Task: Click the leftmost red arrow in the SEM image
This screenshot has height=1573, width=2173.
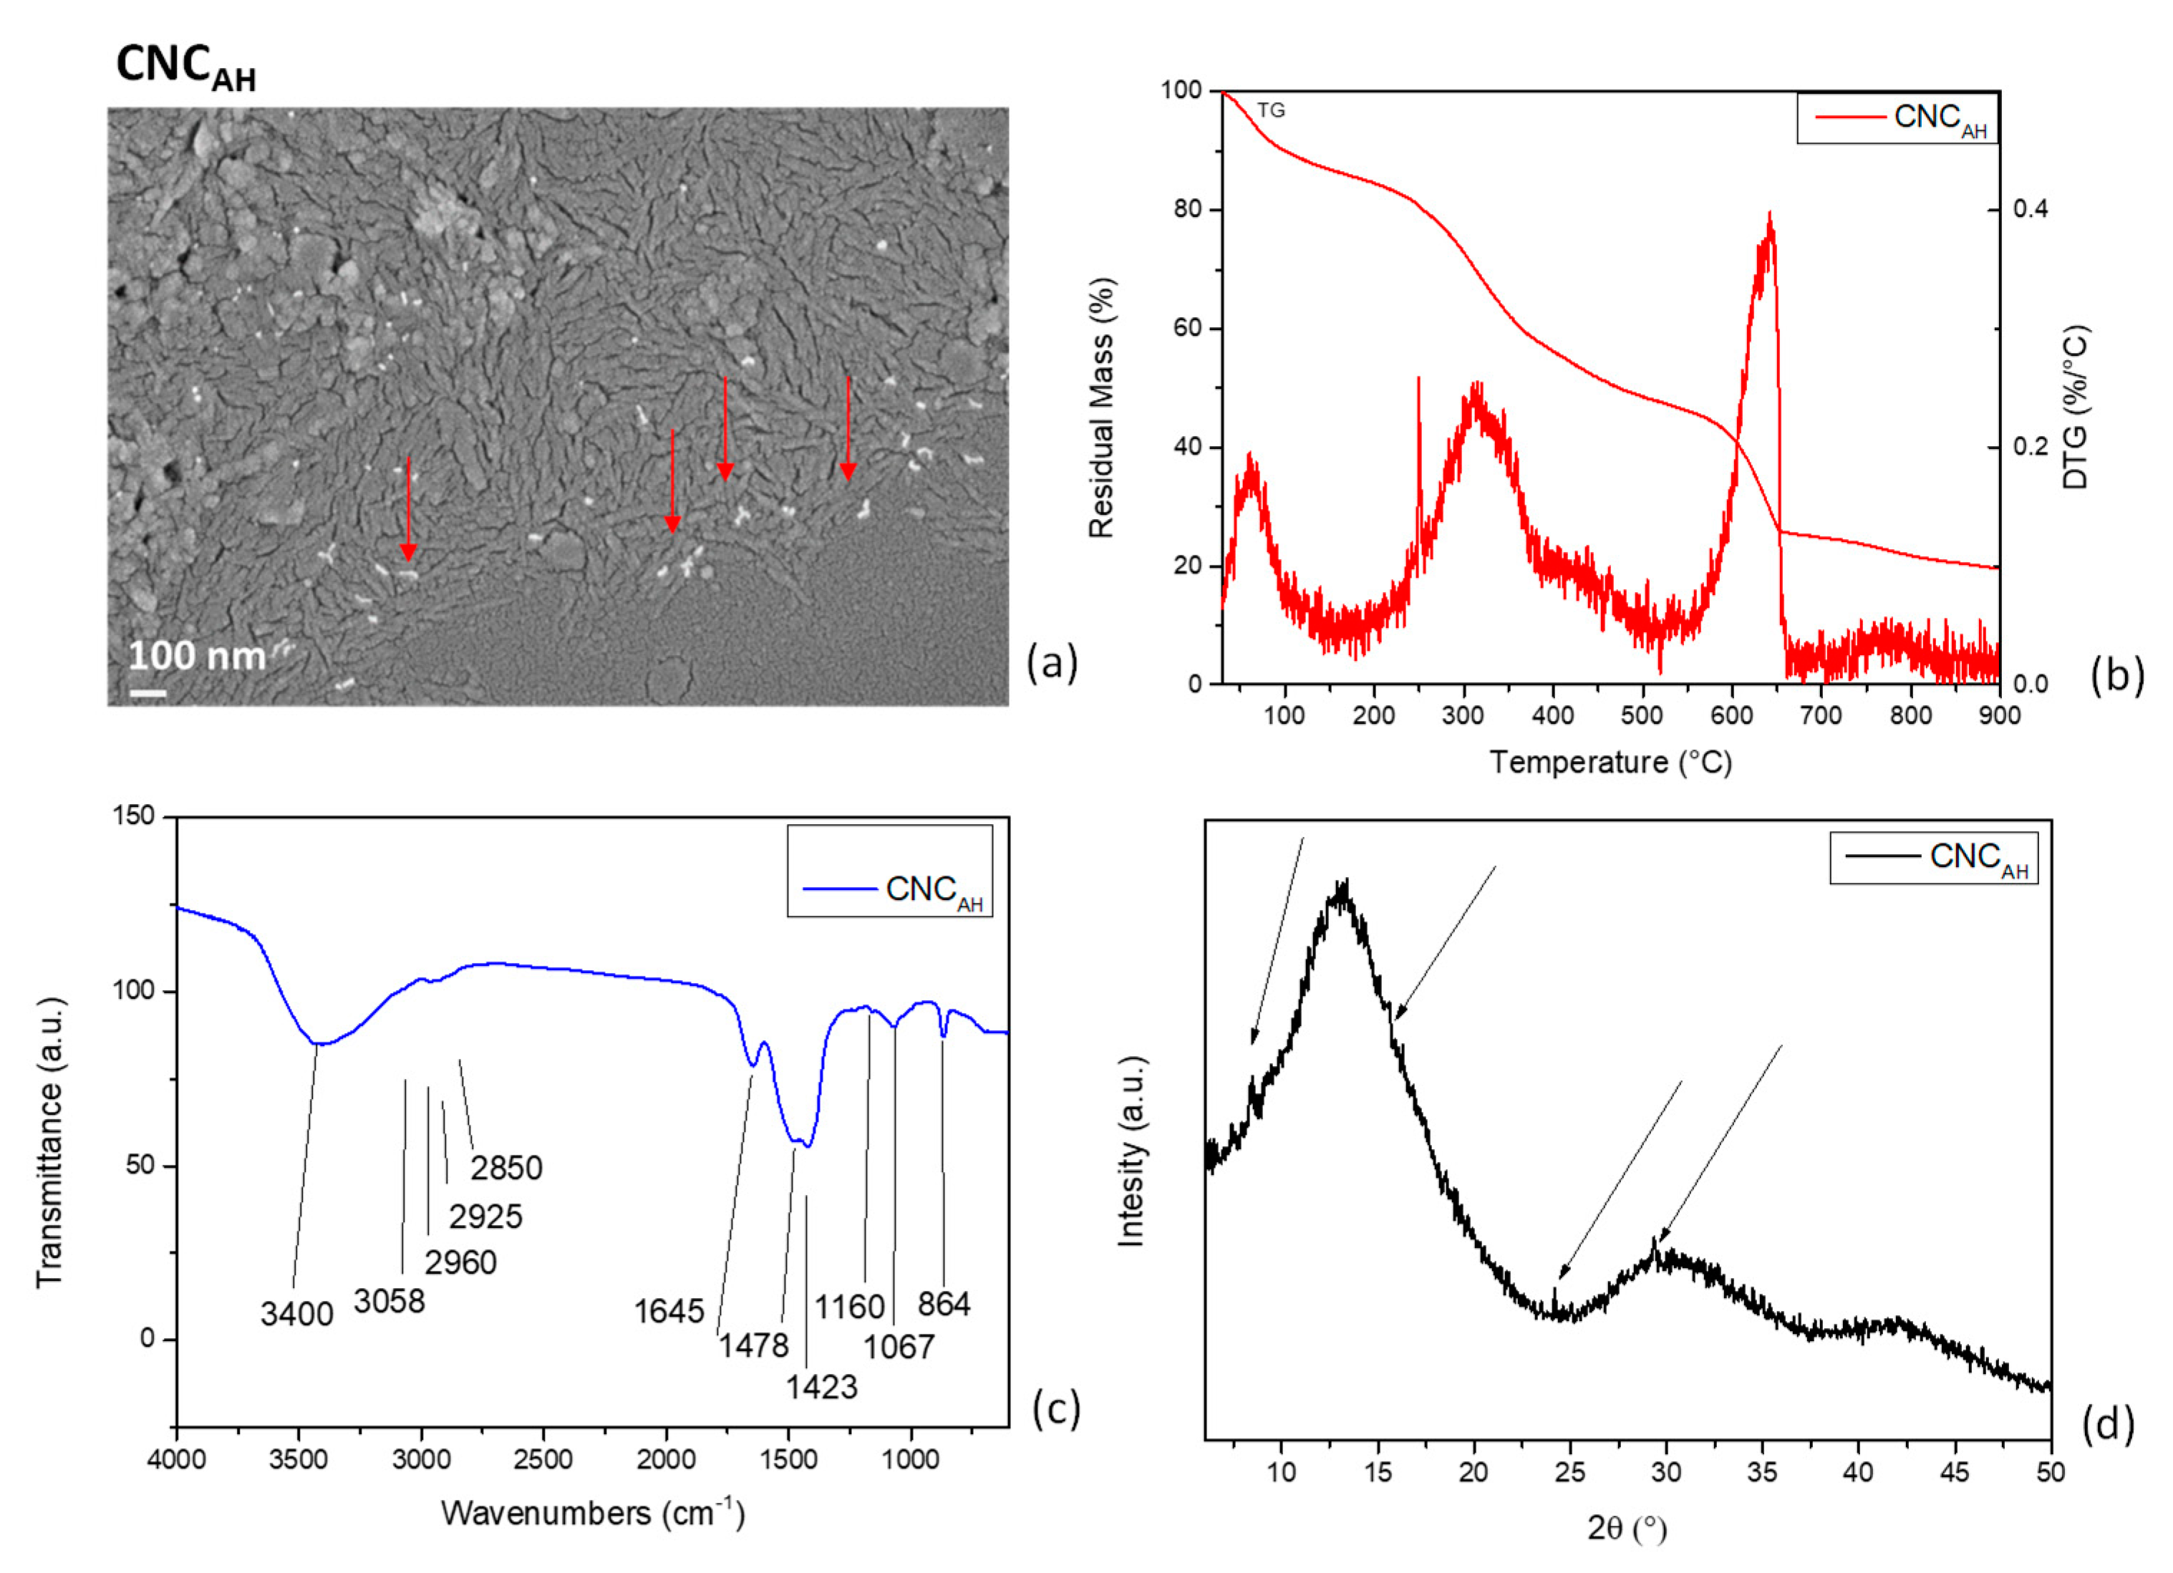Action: pyautogui.click(x=408, y=508)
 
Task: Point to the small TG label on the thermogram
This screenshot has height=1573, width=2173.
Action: pyautogui.click(x=1270, y=111)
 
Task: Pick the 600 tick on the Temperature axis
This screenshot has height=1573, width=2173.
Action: pyautogui.click(x=1732, y=715)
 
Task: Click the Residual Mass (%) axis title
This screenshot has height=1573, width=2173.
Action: pyautogui.click(x=1102, y=408)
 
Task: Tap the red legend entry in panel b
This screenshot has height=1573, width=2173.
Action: pyautogui.click(x=1897, y=118)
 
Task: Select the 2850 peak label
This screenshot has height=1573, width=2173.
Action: pyautogui.click(x=506, y=1168)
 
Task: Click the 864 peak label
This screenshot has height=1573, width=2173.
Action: pyautogui.click(x=944, y=1304)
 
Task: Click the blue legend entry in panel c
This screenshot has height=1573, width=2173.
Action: pyautogui.click(x=891, y=890)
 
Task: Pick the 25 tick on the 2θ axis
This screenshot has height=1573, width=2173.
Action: pyautogui.click(x=1570, y=1471)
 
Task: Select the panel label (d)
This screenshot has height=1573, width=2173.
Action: pyautogui.click(x=2108, y=1425)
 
